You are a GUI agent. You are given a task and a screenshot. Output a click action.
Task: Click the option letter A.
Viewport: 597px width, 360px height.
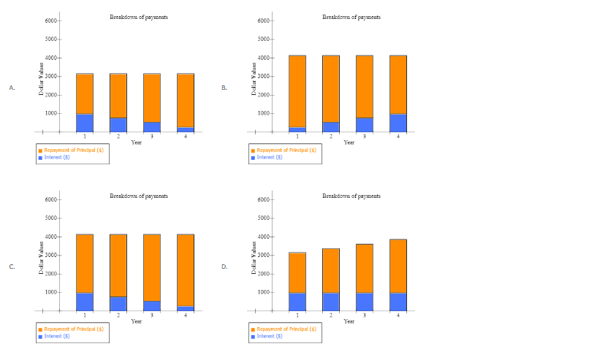point(12,88)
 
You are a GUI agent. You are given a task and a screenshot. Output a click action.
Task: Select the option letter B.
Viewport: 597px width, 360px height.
point(224,88)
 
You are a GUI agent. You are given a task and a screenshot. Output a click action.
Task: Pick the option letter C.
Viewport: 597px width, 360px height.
point(12,267)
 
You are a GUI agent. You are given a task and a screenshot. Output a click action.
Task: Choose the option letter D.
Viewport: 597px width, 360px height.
point(224,267)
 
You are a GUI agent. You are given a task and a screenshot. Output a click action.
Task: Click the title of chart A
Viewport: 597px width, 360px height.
point(138,17)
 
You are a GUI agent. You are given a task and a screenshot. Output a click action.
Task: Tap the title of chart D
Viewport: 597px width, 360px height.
point(351,196)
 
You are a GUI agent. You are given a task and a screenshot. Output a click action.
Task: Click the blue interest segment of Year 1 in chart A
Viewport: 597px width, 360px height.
point(85,123)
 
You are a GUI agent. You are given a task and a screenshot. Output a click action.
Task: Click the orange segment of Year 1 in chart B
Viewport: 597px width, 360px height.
point(297,91)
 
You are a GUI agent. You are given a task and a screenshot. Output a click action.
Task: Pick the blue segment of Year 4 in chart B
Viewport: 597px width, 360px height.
point(398,123)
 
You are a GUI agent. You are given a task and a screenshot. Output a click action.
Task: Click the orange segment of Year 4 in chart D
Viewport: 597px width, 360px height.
point(398,266)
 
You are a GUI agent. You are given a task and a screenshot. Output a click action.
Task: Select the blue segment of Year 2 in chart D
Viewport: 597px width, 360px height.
point(331,302)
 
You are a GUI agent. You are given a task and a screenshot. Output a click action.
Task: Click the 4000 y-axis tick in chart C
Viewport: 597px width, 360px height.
point(51,237)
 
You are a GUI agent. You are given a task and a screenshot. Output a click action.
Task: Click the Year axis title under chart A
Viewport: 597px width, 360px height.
point(136,142)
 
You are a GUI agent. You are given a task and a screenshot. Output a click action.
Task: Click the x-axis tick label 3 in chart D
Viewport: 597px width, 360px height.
point(365,315)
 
